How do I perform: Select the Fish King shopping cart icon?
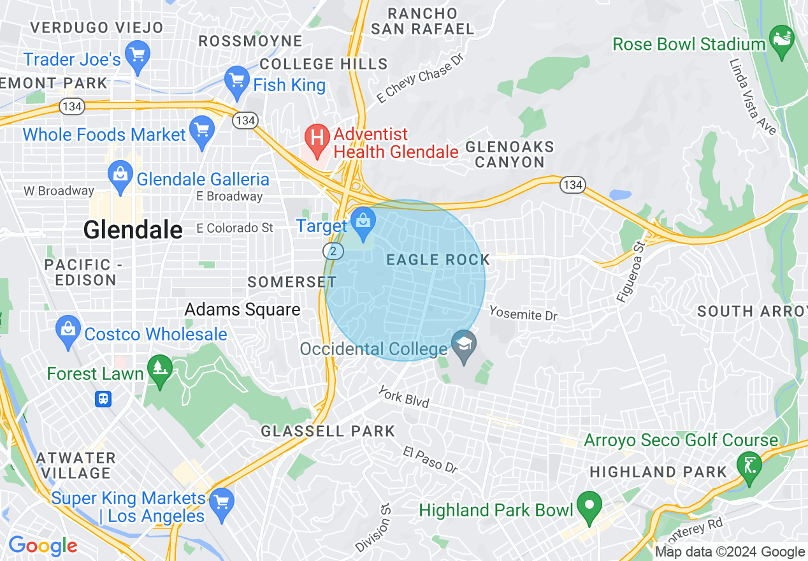point(237,82)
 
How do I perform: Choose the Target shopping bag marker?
point(363,223)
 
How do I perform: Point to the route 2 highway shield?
point(333,251)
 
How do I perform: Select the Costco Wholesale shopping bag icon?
point(68,331)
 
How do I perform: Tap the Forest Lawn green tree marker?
point(159,370)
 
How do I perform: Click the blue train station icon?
point(103,399)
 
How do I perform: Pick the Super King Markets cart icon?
point(221,500)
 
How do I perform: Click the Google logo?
point(43,546)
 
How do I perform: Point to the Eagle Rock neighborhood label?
point(438,259)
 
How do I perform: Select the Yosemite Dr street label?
point(523,313)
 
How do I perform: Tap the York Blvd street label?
point(403,396)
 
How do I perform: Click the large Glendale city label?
point(133,229)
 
